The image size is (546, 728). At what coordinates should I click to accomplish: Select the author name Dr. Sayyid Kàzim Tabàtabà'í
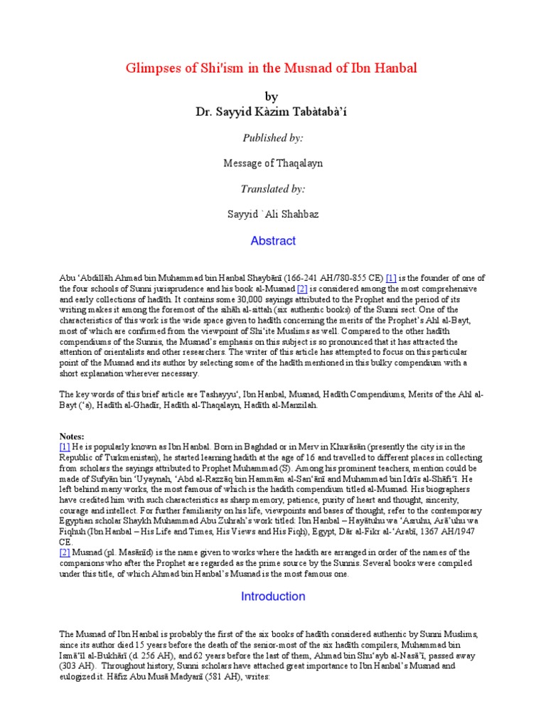point(272,112)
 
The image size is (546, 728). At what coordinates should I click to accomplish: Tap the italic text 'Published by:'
point(272,137)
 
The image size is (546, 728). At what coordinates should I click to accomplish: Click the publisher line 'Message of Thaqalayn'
point(272,164)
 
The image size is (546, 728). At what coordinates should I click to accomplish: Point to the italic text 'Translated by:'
point(272,189)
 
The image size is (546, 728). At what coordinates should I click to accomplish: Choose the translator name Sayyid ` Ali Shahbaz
point(272,215)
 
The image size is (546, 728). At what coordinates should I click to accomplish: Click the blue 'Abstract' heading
point(273,241)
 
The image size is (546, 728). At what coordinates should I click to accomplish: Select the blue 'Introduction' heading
point(273,596)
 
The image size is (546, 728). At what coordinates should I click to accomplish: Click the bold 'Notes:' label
point(73,436)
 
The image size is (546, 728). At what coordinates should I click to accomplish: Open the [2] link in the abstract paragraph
point(282,290)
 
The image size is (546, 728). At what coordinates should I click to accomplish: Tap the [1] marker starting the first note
point(65,446)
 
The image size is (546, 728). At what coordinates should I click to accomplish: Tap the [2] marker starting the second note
point(65,552)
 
